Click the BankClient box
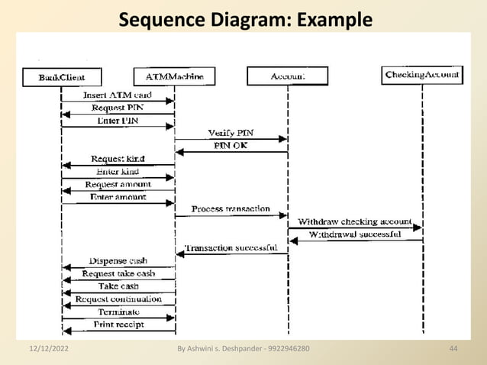click(x=60, y=76)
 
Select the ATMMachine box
click(x=174, y=76)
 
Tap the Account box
click(x=287, y=76)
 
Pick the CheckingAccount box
click(x=422, y=75)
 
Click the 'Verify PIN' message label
click(x=231, y=133)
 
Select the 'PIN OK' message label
click(x=231, y=144)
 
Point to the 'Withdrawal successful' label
click(x=355, y=233)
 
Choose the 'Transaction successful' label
click(x=231, y=247)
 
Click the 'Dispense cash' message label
click(x=118, y=260)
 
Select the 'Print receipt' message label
click(x=118, y=324)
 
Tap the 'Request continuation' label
click(x=118, y=299)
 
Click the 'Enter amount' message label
click(x=118, y=197)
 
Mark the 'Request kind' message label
click(x=118, y=159)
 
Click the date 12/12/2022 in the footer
click(x=46, y=349)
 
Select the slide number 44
click(x=453, y=349)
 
